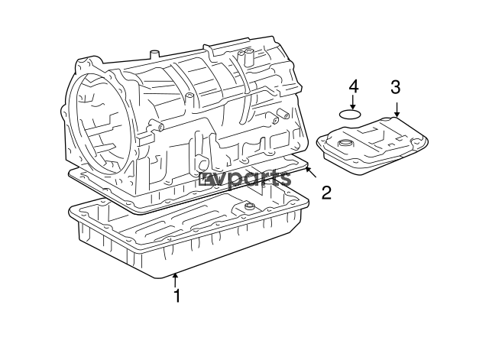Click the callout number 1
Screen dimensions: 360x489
[176, 295]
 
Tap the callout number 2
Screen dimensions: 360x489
[326, 193]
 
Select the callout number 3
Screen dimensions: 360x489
[395, 87]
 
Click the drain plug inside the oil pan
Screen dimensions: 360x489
[248, 207]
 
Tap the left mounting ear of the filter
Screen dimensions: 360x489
[320, 141]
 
